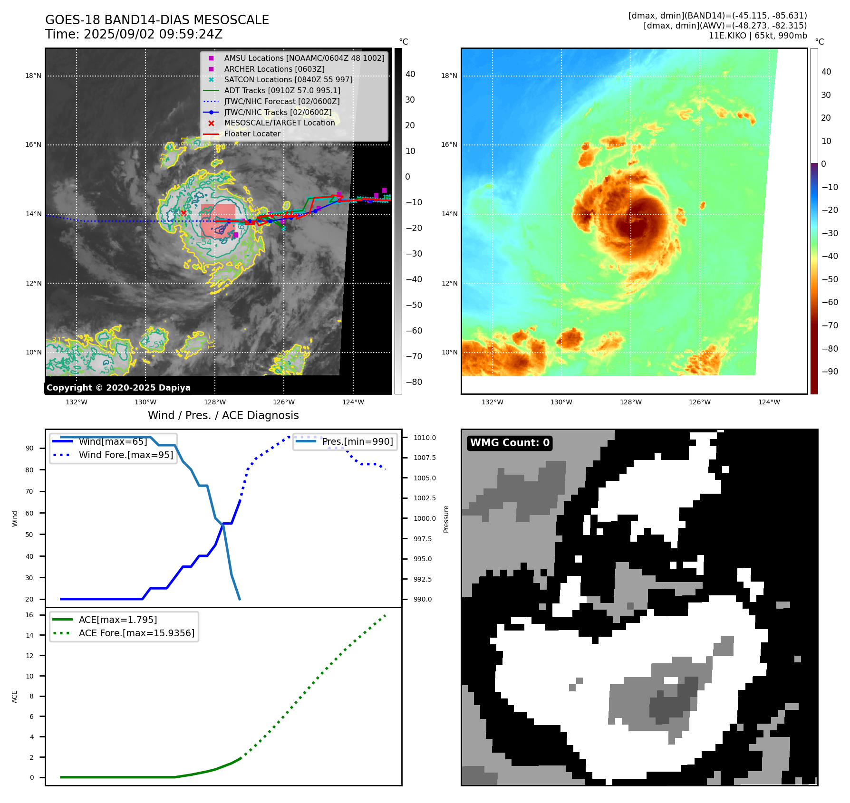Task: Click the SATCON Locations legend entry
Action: pos(288,80)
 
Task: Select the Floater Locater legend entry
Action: pos(252,134)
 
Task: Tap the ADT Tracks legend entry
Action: pos(282,91)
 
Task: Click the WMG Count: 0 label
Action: pos(510,443)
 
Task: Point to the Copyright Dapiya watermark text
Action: pos(118,388)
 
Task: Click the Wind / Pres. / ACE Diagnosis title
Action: pos(223,415)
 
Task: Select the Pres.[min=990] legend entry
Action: pos(357,442)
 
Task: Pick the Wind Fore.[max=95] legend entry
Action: pos(126,455)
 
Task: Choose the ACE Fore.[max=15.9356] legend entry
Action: pos(136,633)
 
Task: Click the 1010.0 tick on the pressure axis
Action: pos(425,438)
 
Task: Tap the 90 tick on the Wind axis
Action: pos(29,448)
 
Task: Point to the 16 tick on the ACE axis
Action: pos(29,615)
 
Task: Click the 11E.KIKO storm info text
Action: pos(758,36)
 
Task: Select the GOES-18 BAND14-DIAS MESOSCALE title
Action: pos(157,20)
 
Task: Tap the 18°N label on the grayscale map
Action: pos(33,76)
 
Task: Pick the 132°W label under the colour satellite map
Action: pos(492,402)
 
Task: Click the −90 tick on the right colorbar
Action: pos(830,372)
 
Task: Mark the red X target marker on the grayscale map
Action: pos(184,213)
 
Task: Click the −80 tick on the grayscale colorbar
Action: pos(414,382)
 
